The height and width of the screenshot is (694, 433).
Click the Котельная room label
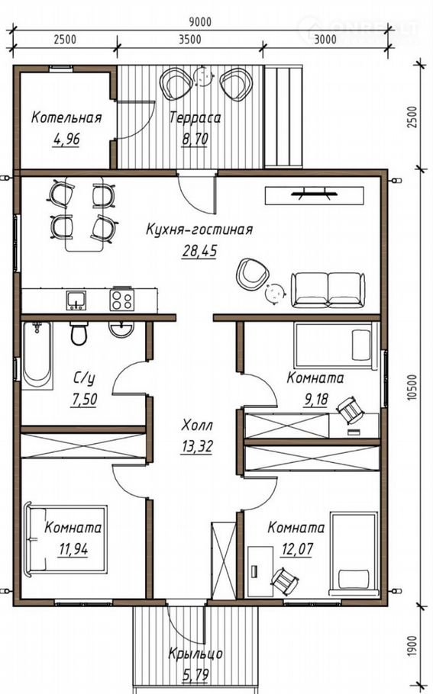click(66, 117)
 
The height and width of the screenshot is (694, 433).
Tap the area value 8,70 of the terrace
click(195, 139)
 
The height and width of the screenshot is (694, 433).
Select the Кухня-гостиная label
click(199, 230)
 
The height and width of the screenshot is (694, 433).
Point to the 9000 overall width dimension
click(200, 21)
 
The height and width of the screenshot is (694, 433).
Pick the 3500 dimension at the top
click(189, 40)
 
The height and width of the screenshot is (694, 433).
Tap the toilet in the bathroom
click(79, 334)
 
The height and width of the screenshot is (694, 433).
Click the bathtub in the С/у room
click(37, 355)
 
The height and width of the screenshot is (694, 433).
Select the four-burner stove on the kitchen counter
click(122, 299)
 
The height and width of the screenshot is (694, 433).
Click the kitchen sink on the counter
click(76, 300)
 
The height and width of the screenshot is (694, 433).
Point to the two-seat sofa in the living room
click(328, 290)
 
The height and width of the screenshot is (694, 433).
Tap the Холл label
click(197, 426)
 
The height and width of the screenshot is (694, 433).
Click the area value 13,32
click(196, 447)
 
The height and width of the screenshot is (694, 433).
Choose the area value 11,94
click(73, 549)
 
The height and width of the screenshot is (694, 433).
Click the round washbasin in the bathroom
click(121, 329)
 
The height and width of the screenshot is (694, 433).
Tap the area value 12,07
click(297, 549)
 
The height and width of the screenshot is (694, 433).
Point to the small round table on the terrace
click(203, 76)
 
